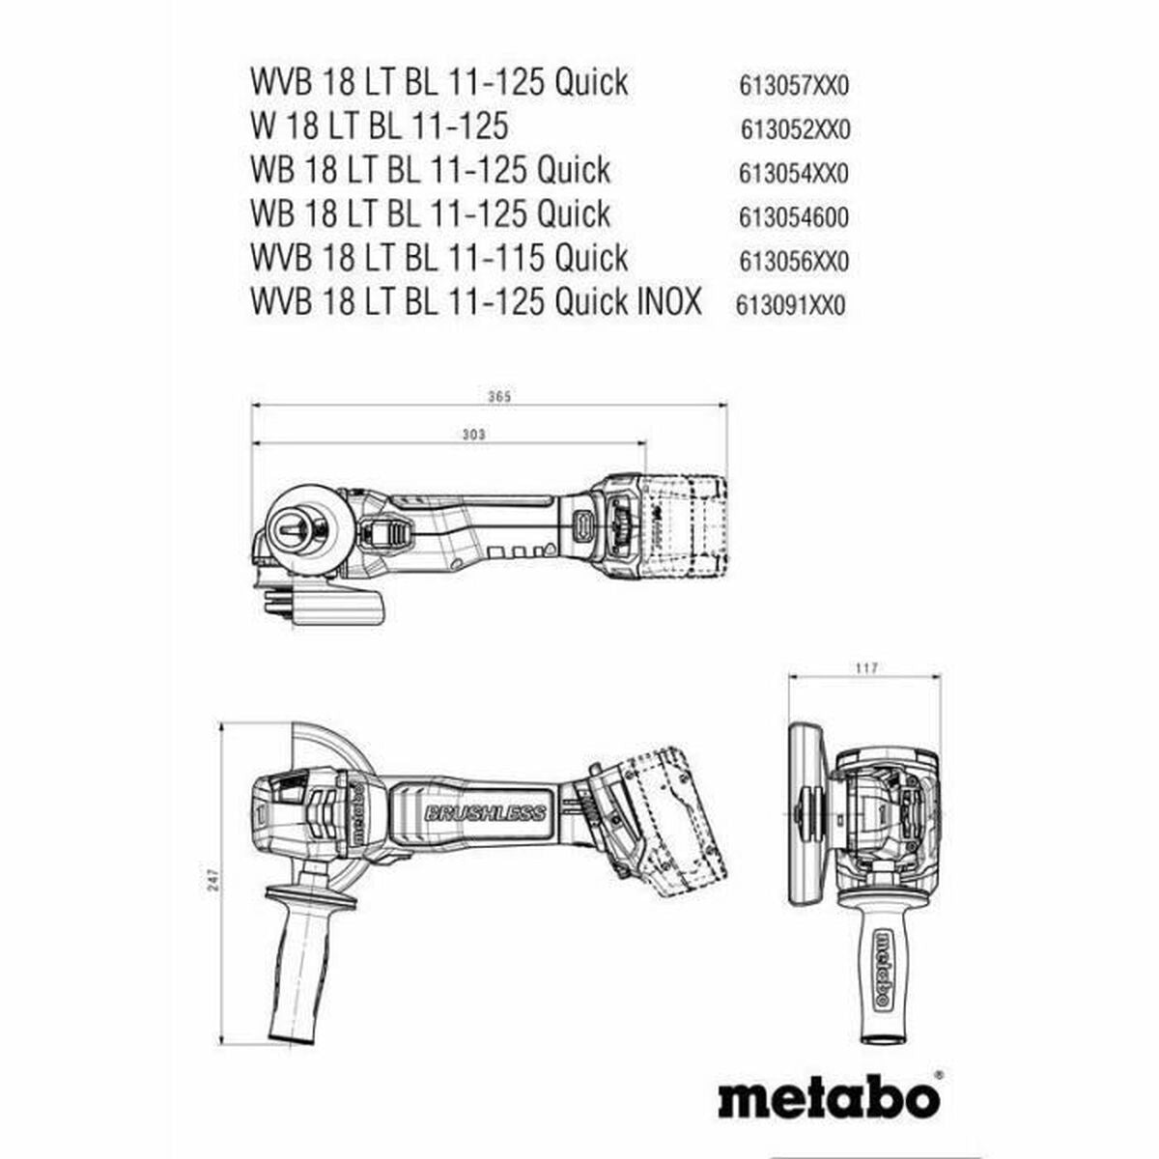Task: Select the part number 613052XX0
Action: tap(795, 130)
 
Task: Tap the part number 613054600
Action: tap(793, 217)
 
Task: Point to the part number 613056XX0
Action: tap(793, 261)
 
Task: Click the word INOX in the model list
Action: tap(668, 300)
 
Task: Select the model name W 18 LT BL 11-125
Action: tap(380, 127)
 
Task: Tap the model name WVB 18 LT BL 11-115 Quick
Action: tap(439, 258)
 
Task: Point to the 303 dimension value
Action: tap(474, 435)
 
